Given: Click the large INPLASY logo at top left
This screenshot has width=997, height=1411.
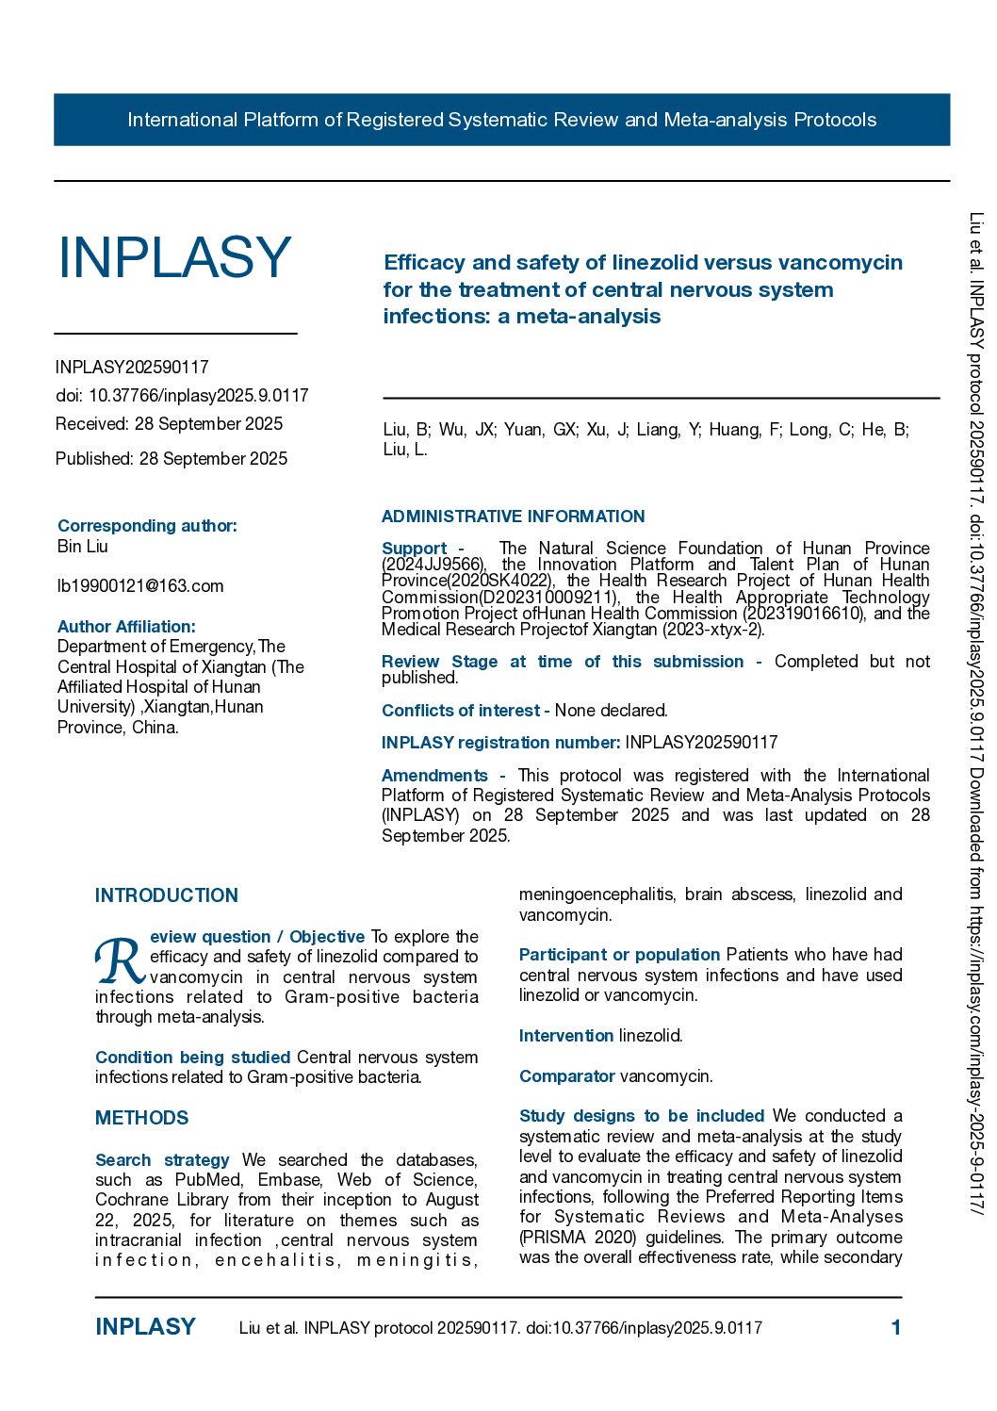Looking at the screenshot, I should (175, 257).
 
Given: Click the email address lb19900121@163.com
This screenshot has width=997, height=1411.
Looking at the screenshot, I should (140, 586).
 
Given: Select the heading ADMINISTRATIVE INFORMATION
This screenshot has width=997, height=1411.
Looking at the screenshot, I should (513, 517).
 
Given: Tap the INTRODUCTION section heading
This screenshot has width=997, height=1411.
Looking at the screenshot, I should (167, 895).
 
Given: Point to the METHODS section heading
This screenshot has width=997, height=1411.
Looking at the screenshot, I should (141, 1118).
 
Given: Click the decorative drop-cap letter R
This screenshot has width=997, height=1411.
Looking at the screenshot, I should (120, 960).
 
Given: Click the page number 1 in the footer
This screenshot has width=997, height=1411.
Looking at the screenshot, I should (896, 1328).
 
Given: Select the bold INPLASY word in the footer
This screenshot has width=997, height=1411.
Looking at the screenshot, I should (145, 1327).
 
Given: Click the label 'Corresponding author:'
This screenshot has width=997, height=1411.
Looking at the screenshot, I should (147, 526).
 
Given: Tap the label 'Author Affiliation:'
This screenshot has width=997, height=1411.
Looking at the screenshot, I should (126, 627).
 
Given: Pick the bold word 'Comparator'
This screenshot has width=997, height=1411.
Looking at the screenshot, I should (566, 1076).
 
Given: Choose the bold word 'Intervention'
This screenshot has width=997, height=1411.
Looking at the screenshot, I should (565, 1036).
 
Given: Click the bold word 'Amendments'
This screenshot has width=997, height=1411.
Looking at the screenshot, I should (434, 776).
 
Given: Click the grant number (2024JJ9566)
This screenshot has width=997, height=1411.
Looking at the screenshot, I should (433, 565).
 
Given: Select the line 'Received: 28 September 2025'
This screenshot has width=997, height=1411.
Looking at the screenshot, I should (169, 424).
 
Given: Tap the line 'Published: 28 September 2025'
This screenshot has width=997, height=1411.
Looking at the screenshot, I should (172, 459).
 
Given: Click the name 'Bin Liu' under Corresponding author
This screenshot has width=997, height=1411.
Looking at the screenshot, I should (83, 547).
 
